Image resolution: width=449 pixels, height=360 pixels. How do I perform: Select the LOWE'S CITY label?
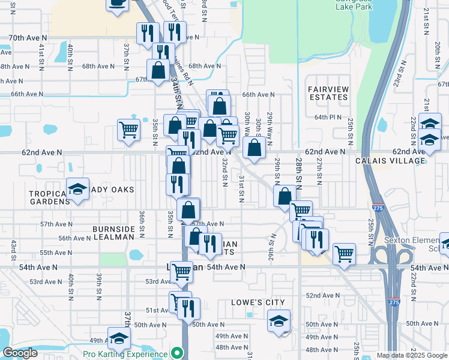point(258,302)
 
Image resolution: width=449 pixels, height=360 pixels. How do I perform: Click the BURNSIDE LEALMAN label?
point(113,233)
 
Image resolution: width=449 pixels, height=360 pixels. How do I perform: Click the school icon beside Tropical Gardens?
point(77,189)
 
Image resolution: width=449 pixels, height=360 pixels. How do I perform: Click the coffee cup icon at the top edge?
point(117,3)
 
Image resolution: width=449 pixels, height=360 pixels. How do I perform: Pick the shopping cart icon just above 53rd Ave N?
point(181,271)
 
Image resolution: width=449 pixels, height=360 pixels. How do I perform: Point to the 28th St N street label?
point(298,170)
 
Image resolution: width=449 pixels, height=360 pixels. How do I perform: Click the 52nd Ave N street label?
point(320,296)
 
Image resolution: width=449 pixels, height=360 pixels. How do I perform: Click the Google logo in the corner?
point(20,353)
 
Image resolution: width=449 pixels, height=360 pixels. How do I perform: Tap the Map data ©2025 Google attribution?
point(411,355)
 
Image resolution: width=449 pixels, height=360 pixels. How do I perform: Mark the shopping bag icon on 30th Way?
point(255,148)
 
